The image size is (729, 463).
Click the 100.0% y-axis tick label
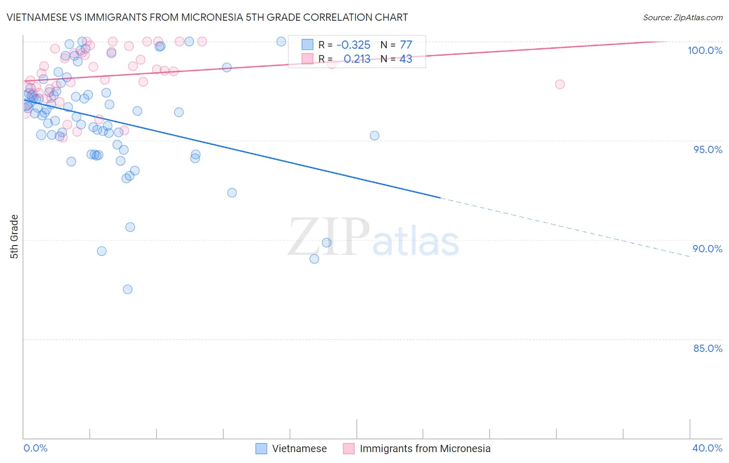tap(705, 50)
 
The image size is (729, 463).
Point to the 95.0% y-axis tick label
tap(708, 149)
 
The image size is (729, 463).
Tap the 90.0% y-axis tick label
tap(708, 249)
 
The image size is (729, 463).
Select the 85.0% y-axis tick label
tap(708, 348)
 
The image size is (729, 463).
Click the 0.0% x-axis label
tap(35, 448)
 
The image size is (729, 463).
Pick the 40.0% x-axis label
tap(707, 448)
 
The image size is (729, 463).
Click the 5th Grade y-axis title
tap(15, 236)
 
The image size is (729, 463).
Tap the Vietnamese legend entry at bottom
tap(299, 448)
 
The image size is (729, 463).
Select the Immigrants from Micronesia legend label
tap(425, 448)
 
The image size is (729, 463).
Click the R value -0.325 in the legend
tap(353, 45)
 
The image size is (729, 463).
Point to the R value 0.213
tap(357, 59)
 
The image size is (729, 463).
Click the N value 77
tap(406, 45)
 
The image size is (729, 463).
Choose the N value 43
tap(405, 59)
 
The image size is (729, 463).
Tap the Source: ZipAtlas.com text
tap(682, 17)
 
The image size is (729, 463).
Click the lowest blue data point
tap(128, 289)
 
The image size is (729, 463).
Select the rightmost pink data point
tap(559, 84)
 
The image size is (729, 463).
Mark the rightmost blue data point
tap(374, 135)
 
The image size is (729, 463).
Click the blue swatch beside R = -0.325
tap(307, 45)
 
